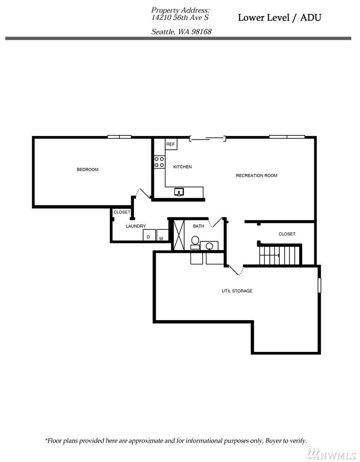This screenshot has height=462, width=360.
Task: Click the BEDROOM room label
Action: (87, 170)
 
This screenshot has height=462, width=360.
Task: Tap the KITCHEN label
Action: (182, 167)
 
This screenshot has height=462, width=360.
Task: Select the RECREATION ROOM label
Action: (256, 175)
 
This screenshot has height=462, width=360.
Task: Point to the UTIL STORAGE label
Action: (237, 291)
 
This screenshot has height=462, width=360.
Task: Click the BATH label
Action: (198, 226)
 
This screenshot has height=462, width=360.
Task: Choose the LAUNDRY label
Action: (136, 226)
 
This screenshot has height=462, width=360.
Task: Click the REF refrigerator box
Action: (171, 145)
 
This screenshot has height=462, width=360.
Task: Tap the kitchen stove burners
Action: (159, 162)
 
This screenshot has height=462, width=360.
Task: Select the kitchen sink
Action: (180, 192)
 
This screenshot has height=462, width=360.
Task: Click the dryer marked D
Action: (149, 235)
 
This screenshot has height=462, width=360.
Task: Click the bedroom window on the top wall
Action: (119, 136)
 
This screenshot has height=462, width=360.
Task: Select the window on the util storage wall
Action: (319, 285)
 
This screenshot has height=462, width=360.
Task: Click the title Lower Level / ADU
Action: (279, 18)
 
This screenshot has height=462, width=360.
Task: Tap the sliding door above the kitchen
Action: (207, 137)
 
